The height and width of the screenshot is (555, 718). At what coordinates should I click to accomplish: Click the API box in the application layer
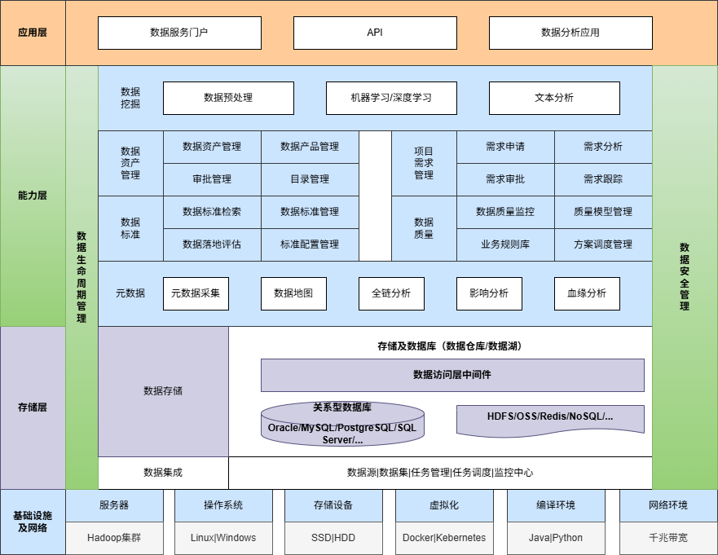coord(375,33)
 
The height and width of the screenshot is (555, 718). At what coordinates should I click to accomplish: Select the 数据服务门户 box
coord(179,33)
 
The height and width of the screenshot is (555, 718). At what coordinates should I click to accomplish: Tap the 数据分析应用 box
coord(570,33)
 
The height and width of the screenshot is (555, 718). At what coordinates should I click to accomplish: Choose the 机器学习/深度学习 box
coord(391,98)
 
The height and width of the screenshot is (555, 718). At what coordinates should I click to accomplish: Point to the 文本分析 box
coord(554,98)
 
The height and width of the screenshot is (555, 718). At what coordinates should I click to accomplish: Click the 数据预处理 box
coord(228,98)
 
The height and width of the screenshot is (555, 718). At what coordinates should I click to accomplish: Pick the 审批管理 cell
coord(212,179)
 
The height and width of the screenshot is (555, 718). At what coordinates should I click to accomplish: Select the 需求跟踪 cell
coord(603,179)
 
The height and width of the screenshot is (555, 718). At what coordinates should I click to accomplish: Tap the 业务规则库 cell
coord(505,244)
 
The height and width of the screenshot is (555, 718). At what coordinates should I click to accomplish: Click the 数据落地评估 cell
coord(212,244)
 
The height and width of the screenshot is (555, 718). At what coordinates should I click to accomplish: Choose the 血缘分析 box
coord(587,293)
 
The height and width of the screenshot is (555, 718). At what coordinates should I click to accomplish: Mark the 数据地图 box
coord(293,293)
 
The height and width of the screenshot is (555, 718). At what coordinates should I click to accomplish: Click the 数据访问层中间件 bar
coord(452,375)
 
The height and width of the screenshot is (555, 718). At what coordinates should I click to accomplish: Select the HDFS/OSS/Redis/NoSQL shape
coord(550,417)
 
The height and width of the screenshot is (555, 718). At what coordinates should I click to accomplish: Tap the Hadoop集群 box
coord(114,538)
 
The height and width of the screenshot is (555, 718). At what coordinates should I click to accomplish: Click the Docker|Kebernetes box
coord(444,538)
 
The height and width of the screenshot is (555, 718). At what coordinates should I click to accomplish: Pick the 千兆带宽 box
coord(668,538)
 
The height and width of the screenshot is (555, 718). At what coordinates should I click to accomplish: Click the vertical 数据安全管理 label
coord(685,277)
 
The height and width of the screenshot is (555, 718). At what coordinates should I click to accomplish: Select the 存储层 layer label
coord(33,407)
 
